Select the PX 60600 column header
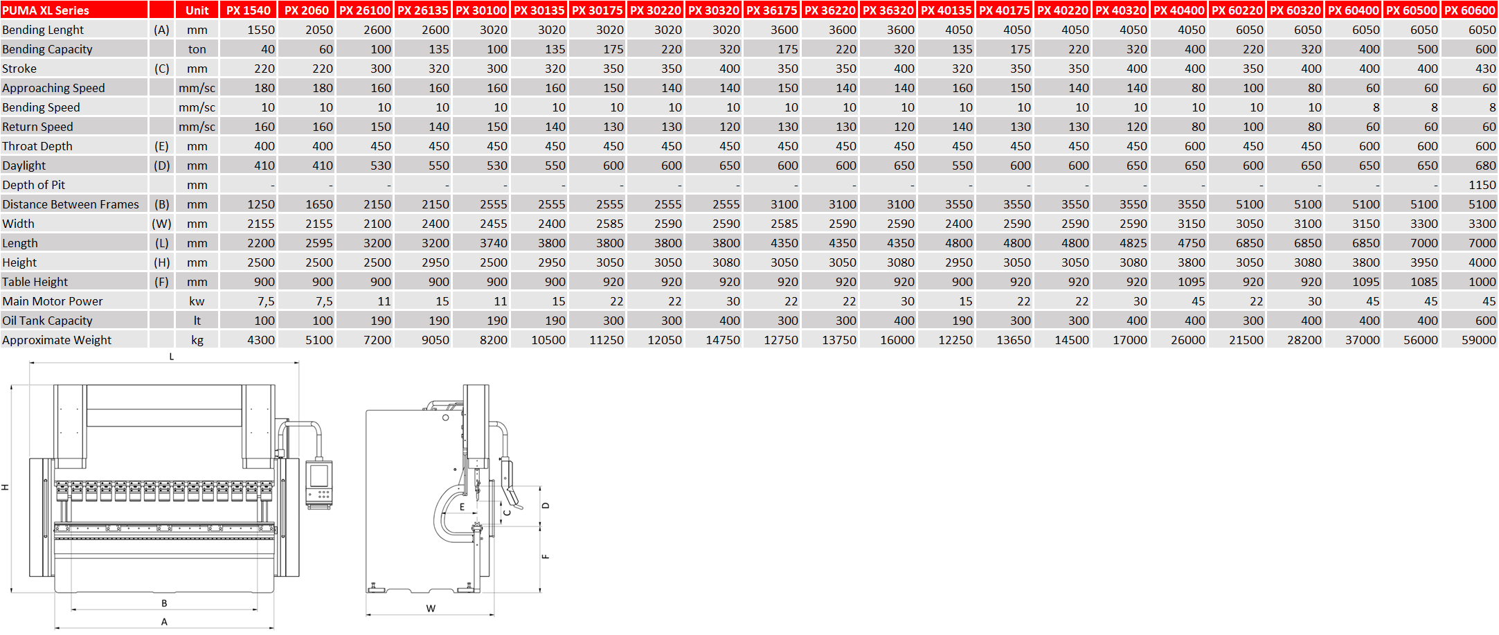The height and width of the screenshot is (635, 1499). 1470,10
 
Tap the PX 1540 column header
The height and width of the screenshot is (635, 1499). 249,10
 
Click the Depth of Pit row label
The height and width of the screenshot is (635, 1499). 34,185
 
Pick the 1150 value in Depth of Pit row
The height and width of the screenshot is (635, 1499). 1482,185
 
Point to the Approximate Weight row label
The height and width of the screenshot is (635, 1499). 57,340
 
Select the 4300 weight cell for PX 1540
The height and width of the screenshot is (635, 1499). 261,340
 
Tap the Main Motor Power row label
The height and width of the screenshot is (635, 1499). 53,301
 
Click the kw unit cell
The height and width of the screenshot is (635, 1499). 197,301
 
